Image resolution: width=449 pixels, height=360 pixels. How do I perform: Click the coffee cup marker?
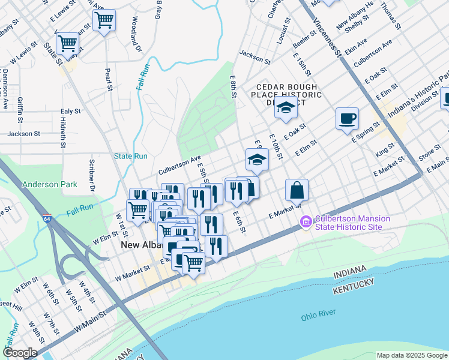pos(346,118)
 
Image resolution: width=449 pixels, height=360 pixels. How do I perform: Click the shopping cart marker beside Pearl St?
pos(104,21)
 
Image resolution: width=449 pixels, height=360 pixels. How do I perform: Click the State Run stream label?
pos(131,157)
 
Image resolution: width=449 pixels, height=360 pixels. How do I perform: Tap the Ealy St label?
pos(70,112)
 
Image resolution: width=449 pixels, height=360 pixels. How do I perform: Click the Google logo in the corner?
pos(20,353)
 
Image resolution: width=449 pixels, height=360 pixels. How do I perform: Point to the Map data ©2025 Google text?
pos(411,355)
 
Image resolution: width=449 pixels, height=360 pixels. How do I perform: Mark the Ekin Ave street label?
pos(355,46)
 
